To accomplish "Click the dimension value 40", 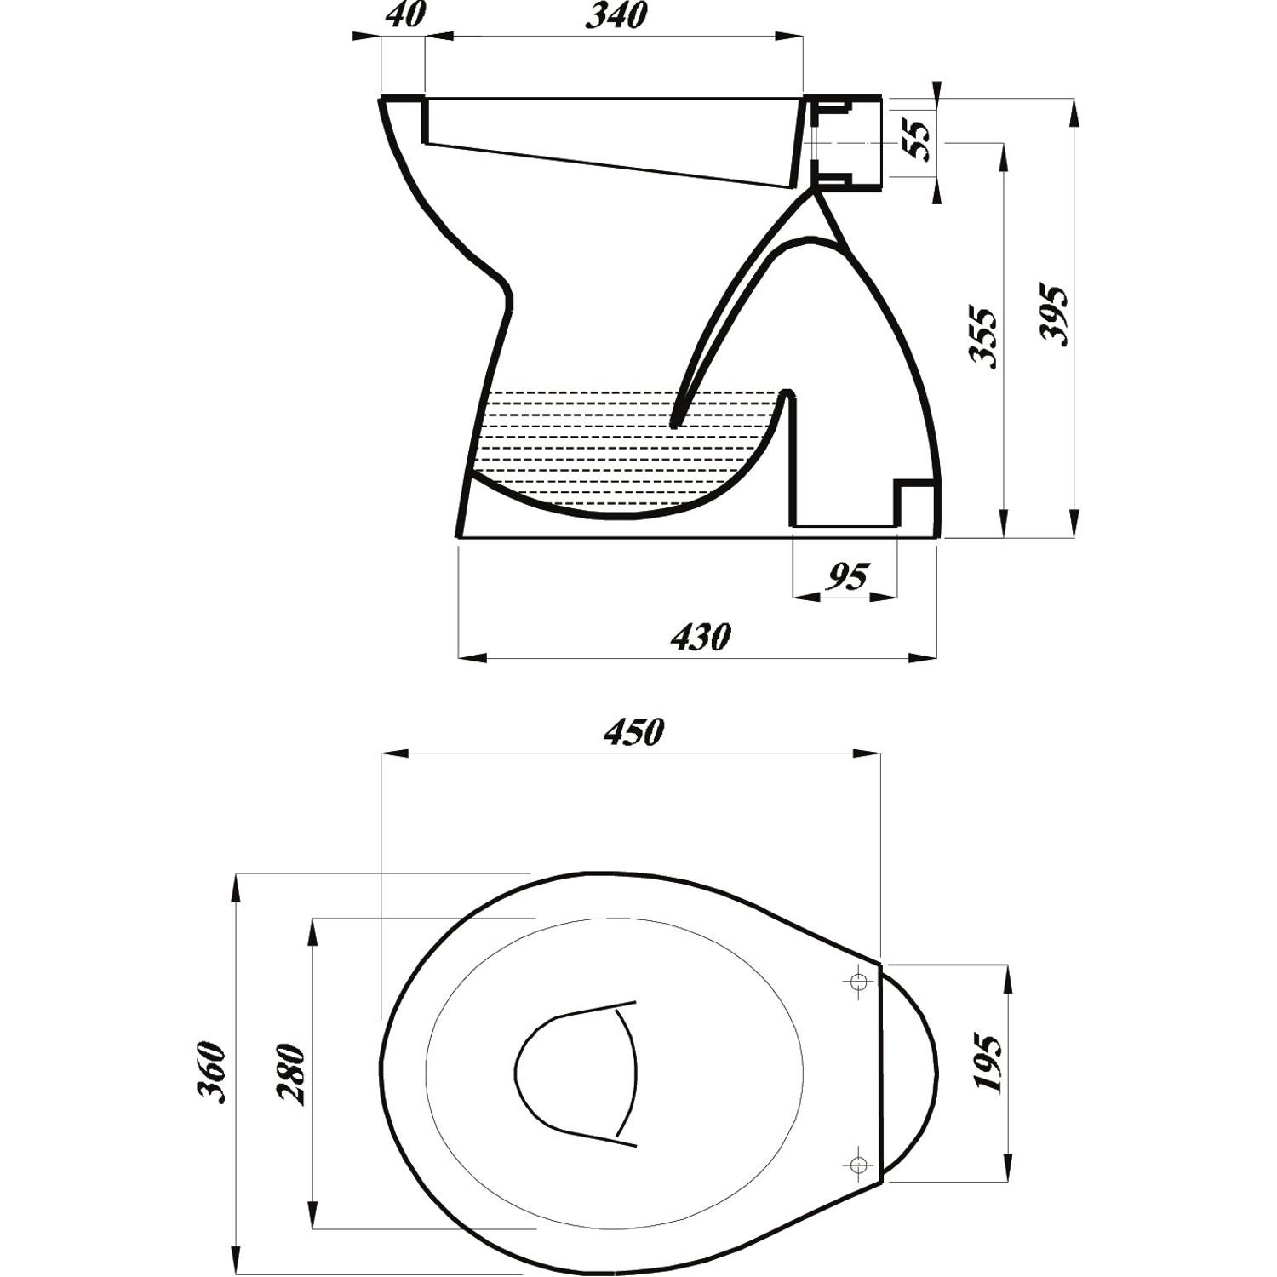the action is click(x=405, y=16).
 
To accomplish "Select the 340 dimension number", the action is click(x=616, y=16).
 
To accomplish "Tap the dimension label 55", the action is click(x=916, y=140).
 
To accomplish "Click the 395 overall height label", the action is click(x=1055, y=315).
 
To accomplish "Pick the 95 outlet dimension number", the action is click(x=847, y=578).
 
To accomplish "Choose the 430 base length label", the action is click(x=700, y=637).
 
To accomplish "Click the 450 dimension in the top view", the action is click(x=633, y=733).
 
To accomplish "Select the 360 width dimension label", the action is click(x=210, y=1072).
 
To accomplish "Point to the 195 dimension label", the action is click(x=988, y=1064).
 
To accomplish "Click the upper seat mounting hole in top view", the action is click(x=859, y=982).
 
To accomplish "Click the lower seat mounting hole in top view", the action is click(x=859, y=1162).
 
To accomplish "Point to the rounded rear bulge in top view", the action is click(x=911, y=1073).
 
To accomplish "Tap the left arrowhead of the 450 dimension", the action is click(x=393, y=753).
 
